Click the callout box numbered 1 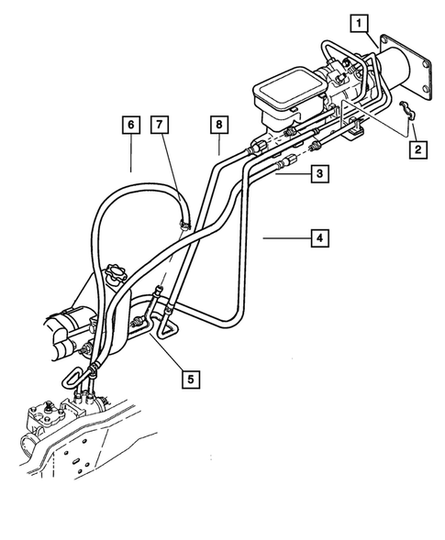[x=362, y=20]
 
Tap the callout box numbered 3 [x=318, y=172]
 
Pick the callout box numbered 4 [x=319, y=238]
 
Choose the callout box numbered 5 [x=192, y=377]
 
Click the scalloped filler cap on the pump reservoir [x=117, y=273]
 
